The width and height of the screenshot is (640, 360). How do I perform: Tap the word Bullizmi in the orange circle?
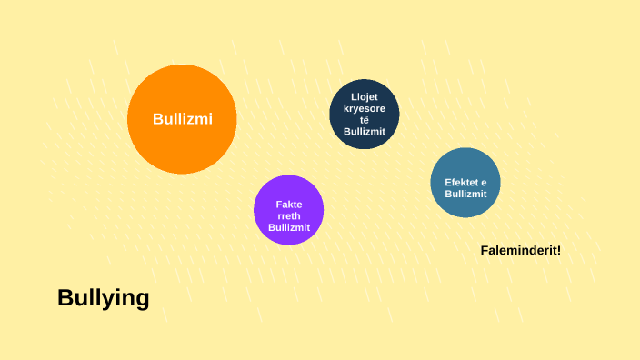click(x=183, y=119)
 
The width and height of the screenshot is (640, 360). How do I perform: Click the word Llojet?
click(x=365, y=96)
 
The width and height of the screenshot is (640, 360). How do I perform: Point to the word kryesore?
click(x=365, y=108)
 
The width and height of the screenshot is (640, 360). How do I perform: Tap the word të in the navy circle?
click(x=365, y=120)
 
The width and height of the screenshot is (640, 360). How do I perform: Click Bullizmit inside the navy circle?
click(x=365, y=132)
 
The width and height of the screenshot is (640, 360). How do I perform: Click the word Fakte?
click(x=289, y=204)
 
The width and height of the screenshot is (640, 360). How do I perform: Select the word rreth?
click(x=289, y=215)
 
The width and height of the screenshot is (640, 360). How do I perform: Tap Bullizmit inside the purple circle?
click(x=289, y=227)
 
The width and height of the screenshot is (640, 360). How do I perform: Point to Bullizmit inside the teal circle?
click(x=466, y=194)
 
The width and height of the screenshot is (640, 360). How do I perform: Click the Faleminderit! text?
click(x=520, y=250)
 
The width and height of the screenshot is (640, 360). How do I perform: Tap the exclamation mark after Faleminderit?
click(x=558, y=250)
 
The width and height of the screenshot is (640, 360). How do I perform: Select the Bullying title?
click(x=103, y=298)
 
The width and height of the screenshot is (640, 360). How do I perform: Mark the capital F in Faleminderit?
click(x=484, y=250)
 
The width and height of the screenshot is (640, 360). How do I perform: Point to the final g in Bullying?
click(x=142, y=300)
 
